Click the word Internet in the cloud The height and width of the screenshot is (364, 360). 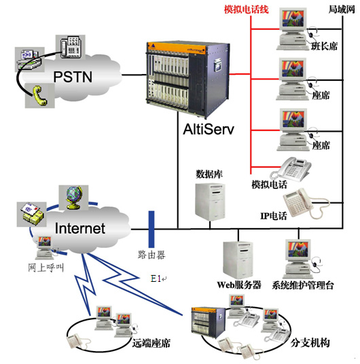tap(80, 228)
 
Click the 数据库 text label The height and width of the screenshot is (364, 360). tap(209, 173)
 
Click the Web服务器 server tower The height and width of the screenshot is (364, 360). tap(236, 259)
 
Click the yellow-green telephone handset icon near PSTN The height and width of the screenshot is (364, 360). tap(35, 96)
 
